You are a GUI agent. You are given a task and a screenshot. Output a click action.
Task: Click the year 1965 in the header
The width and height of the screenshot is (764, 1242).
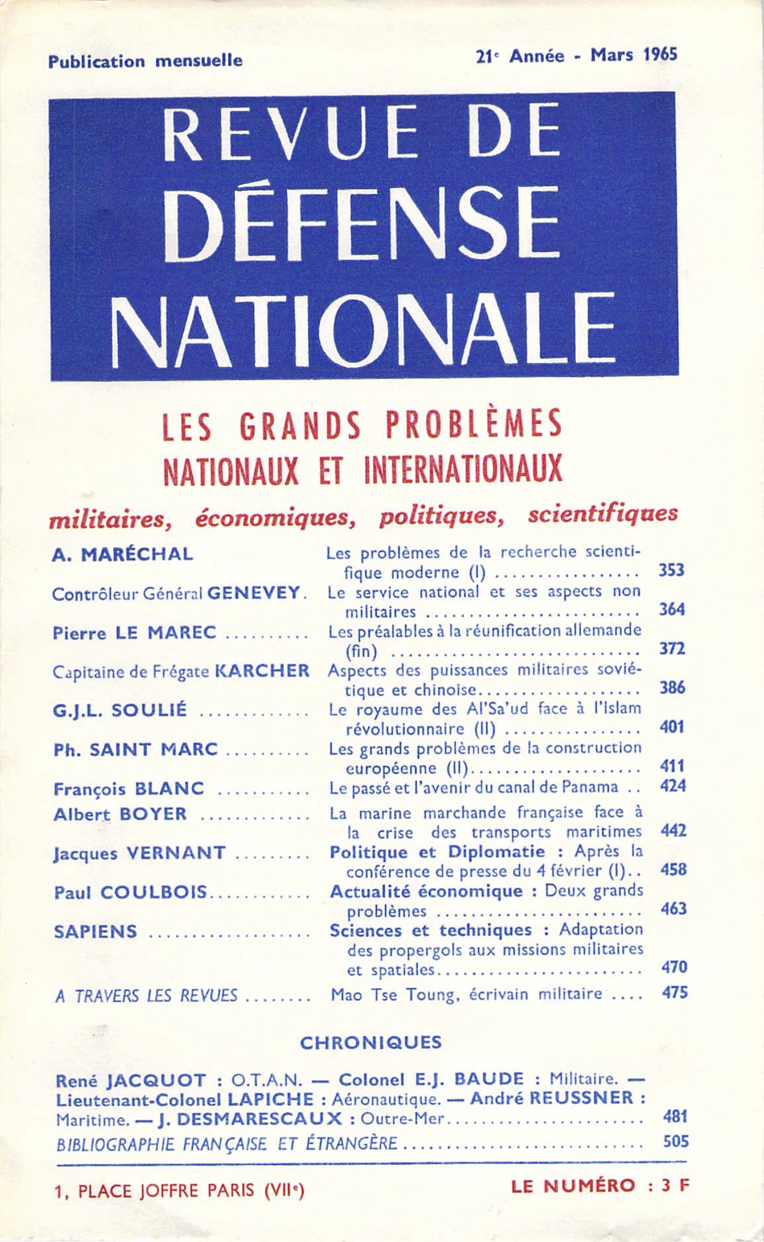click(660, 55)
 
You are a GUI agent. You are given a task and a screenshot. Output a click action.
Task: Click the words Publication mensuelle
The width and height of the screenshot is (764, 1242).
click(145, 61)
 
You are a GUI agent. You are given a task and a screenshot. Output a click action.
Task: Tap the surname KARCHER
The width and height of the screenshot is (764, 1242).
click(262, 671)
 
